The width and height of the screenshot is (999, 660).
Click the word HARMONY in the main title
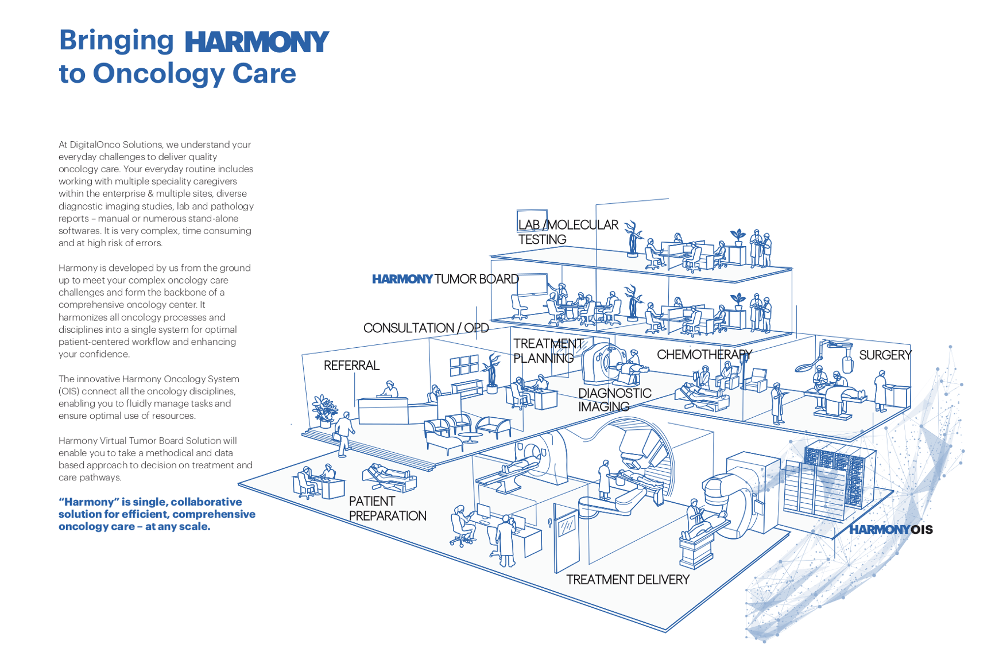(x=256, y=42)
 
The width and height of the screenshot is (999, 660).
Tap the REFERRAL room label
(x=351, y=366)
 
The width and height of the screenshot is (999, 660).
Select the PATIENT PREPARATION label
(x=388, y=508)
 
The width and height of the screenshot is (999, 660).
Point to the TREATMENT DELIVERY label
(x=628, y=580)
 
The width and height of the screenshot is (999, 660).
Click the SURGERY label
(x=885, y=355)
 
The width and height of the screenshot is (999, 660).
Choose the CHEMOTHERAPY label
(x=704, y=355)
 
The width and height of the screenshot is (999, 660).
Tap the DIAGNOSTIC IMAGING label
(x=614, y=400)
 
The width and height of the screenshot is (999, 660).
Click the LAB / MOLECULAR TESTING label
(x=568, y=232)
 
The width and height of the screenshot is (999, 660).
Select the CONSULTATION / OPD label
(x=426, y=328)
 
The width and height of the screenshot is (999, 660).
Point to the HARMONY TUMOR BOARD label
(x=446, y=279)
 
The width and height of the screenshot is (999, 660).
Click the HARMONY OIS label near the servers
(x=890, y=530)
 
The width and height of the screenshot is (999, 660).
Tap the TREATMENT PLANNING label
(x=548, y=351)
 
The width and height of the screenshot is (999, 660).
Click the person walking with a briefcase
(x=344, y=434)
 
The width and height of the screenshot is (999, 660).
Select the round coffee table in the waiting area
(x=470, y=437)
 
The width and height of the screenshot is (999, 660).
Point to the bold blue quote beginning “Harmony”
(x=157, y=514)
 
